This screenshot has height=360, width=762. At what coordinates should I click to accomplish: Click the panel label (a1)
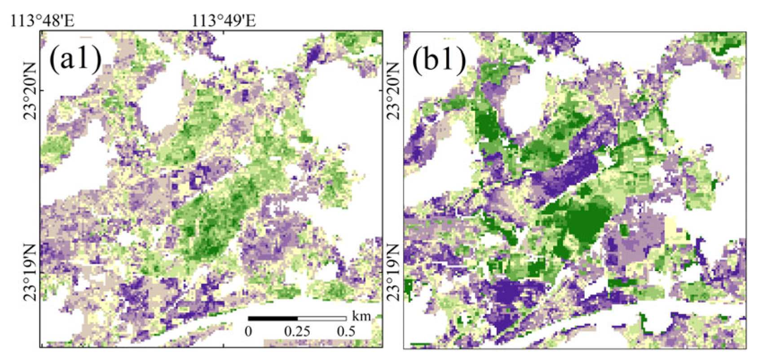point(75,60)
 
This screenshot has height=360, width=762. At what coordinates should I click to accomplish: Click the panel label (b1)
point(439,60)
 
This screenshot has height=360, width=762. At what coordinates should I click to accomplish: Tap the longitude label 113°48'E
point(42,21)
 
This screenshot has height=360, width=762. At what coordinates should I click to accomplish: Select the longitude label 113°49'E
point(224,21)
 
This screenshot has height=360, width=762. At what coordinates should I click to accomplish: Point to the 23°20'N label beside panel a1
point(31,91)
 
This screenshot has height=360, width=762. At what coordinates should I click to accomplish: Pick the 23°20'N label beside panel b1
point(394,91)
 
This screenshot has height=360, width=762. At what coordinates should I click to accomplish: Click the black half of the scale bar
point(273,318)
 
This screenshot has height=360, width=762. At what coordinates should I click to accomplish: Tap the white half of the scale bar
point(322,318)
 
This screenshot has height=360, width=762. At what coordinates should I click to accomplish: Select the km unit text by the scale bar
point(361,316)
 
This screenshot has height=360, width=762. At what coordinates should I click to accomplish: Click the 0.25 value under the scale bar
point(297,331)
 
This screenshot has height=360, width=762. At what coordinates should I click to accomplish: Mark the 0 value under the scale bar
point(249,331)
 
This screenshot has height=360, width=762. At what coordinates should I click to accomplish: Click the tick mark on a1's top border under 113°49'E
point(224,32)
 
